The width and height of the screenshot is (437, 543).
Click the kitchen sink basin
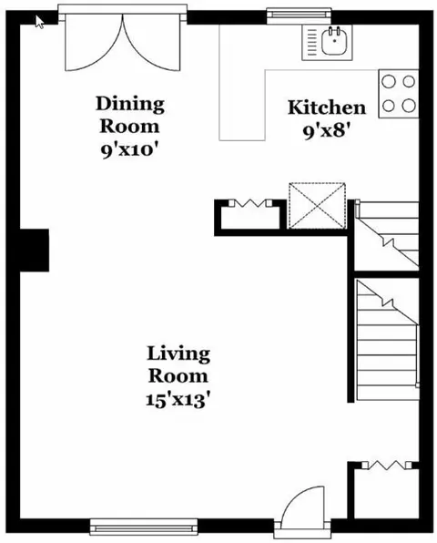(x=334, y=41)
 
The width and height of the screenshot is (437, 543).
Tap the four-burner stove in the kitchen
(x=398, y=94)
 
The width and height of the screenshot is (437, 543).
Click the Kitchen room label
(x=327, y=108)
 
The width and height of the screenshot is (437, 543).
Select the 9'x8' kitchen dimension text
(x=325, y=131)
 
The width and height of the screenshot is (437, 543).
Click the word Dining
(x=130, y=105)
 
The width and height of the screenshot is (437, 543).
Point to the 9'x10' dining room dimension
(x=130, y=150)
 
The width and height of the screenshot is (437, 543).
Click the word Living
(x=178, y=354)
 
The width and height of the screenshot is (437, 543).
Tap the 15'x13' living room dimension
(x=178, y=400)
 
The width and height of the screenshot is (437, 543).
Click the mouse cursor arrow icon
(x=40, y=22)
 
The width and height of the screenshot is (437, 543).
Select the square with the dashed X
(x=317, y=206)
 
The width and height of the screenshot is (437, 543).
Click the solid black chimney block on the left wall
(x=35, y=250)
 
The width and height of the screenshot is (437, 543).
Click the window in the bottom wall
(x=144, y=528)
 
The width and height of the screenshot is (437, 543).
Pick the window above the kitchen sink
(x=300, y=15)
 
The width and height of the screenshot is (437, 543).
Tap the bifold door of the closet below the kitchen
(x=250, y=203)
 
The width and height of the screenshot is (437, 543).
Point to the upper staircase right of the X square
(x=388, y=234)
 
